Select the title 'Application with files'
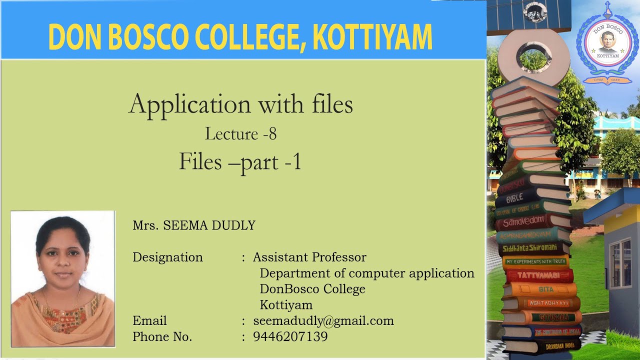pyautogui.click(x=240, y=104)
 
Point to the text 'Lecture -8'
pyautogui.click(x=240, y=133)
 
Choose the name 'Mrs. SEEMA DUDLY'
pyautogui.click(x=194, y=225)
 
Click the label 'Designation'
pyautogui.click(x=167, y=257)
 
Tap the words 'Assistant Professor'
pyautogui.click(x=309, y=257)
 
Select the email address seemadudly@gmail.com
pyautogui.click(x=323, y=321)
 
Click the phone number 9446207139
pyautogui.click(x=290, y=336)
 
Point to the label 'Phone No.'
pyautogui.click(x=162, y=337)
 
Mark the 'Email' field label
pyautogui.click(x=149, y=321)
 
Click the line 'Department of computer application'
pyautogui.click(x=366, y=273)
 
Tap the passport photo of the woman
pyautogui.click(x=63, y=279)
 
